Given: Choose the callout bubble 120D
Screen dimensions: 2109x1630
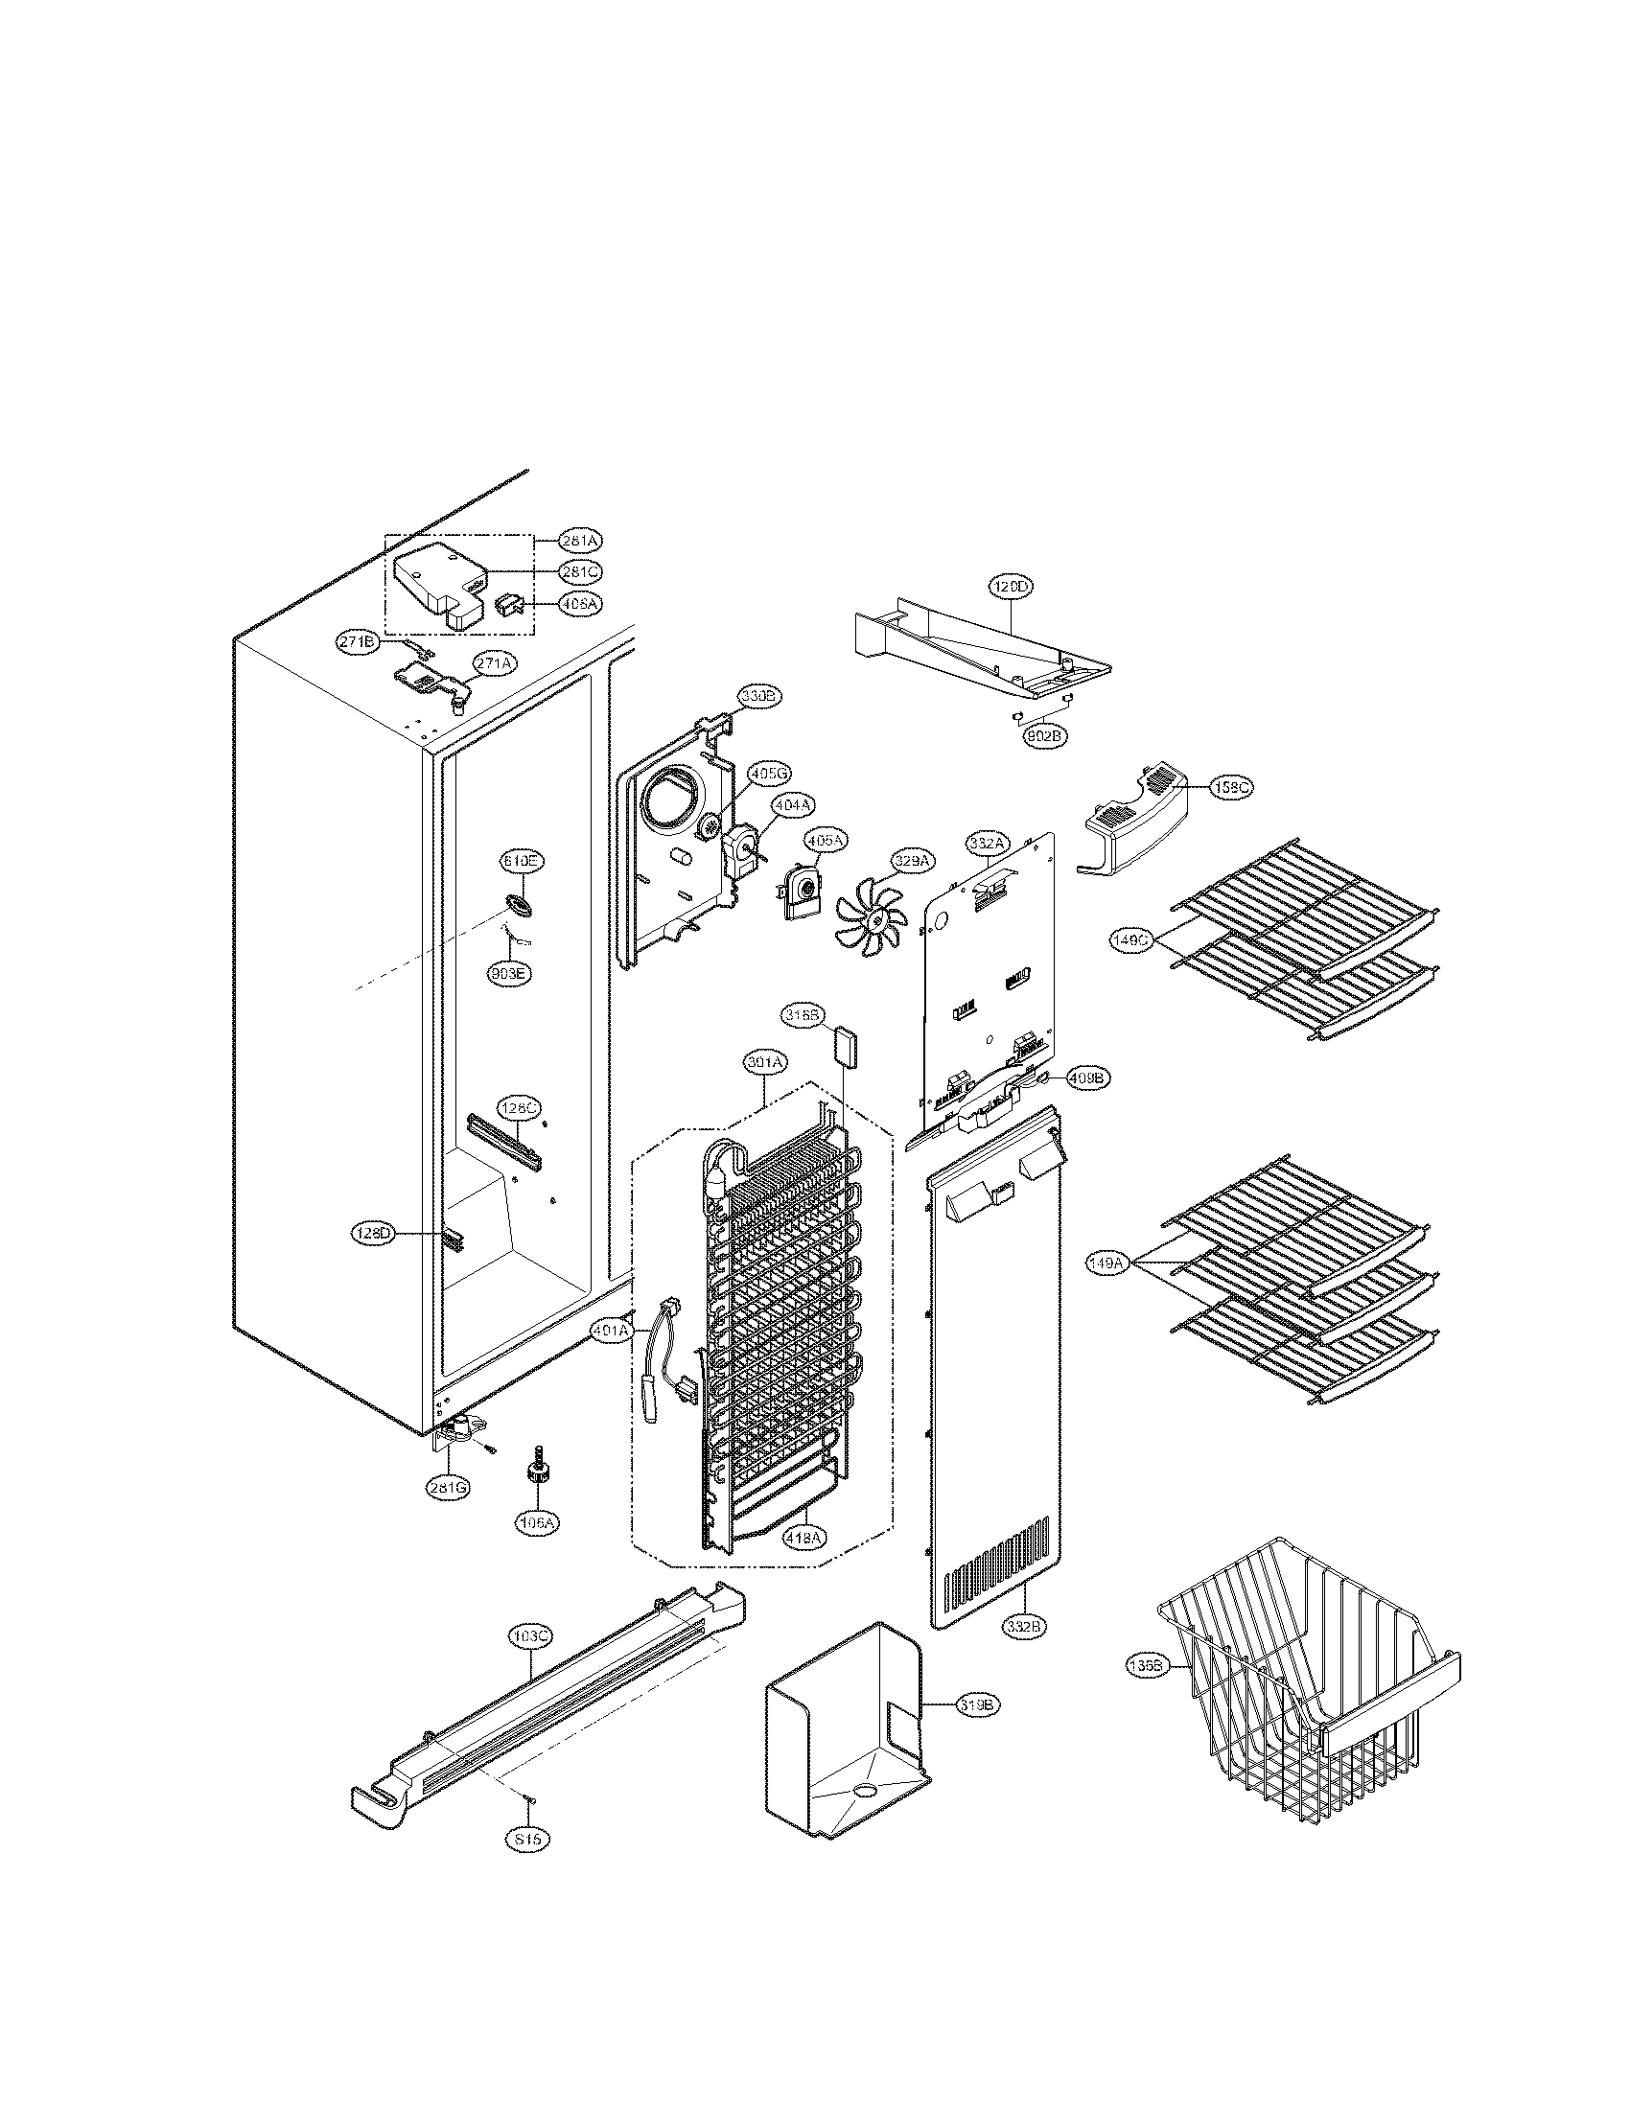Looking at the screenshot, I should [x=1010, y=586].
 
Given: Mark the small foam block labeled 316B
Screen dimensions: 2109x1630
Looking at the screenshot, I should [x=845, y=1046].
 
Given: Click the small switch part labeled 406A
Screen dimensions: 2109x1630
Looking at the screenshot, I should [x=508, y=605].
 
